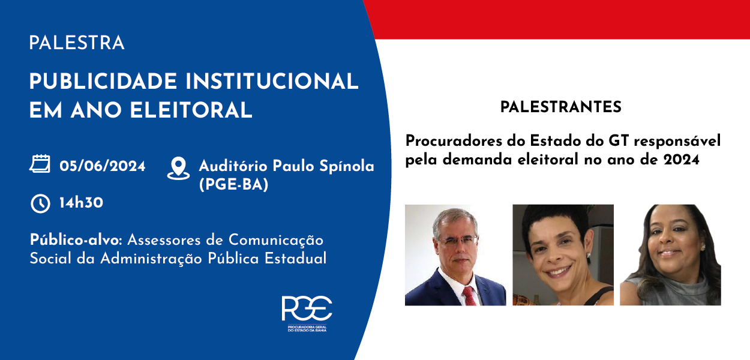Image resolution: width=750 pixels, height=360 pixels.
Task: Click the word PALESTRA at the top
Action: point(77,43)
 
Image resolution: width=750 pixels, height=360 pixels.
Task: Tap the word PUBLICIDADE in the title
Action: point(103,82)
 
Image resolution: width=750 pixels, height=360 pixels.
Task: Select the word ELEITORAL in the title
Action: point(191,110)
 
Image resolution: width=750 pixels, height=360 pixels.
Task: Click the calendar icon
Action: point(40,164)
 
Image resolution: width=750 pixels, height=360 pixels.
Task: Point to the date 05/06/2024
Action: point(103,166)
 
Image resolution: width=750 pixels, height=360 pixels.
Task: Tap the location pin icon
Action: point(178,168)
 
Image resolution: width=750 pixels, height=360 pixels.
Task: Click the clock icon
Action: point(40,203)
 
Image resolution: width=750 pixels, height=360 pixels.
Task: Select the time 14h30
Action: point(82,203)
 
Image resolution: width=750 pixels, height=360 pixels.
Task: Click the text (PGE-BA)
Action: point(234,184)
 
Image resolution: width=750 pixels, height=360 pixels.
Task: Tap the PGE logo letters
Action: point(307,308)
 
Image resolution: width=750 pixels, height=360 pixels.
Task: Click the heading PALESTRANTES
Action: point(561,107)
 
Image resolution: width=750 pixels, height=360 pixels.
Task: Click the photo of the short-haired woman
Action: point(563,255)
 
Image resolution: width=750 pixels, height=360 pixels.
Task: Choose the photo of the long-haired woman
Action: point(670,255)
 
